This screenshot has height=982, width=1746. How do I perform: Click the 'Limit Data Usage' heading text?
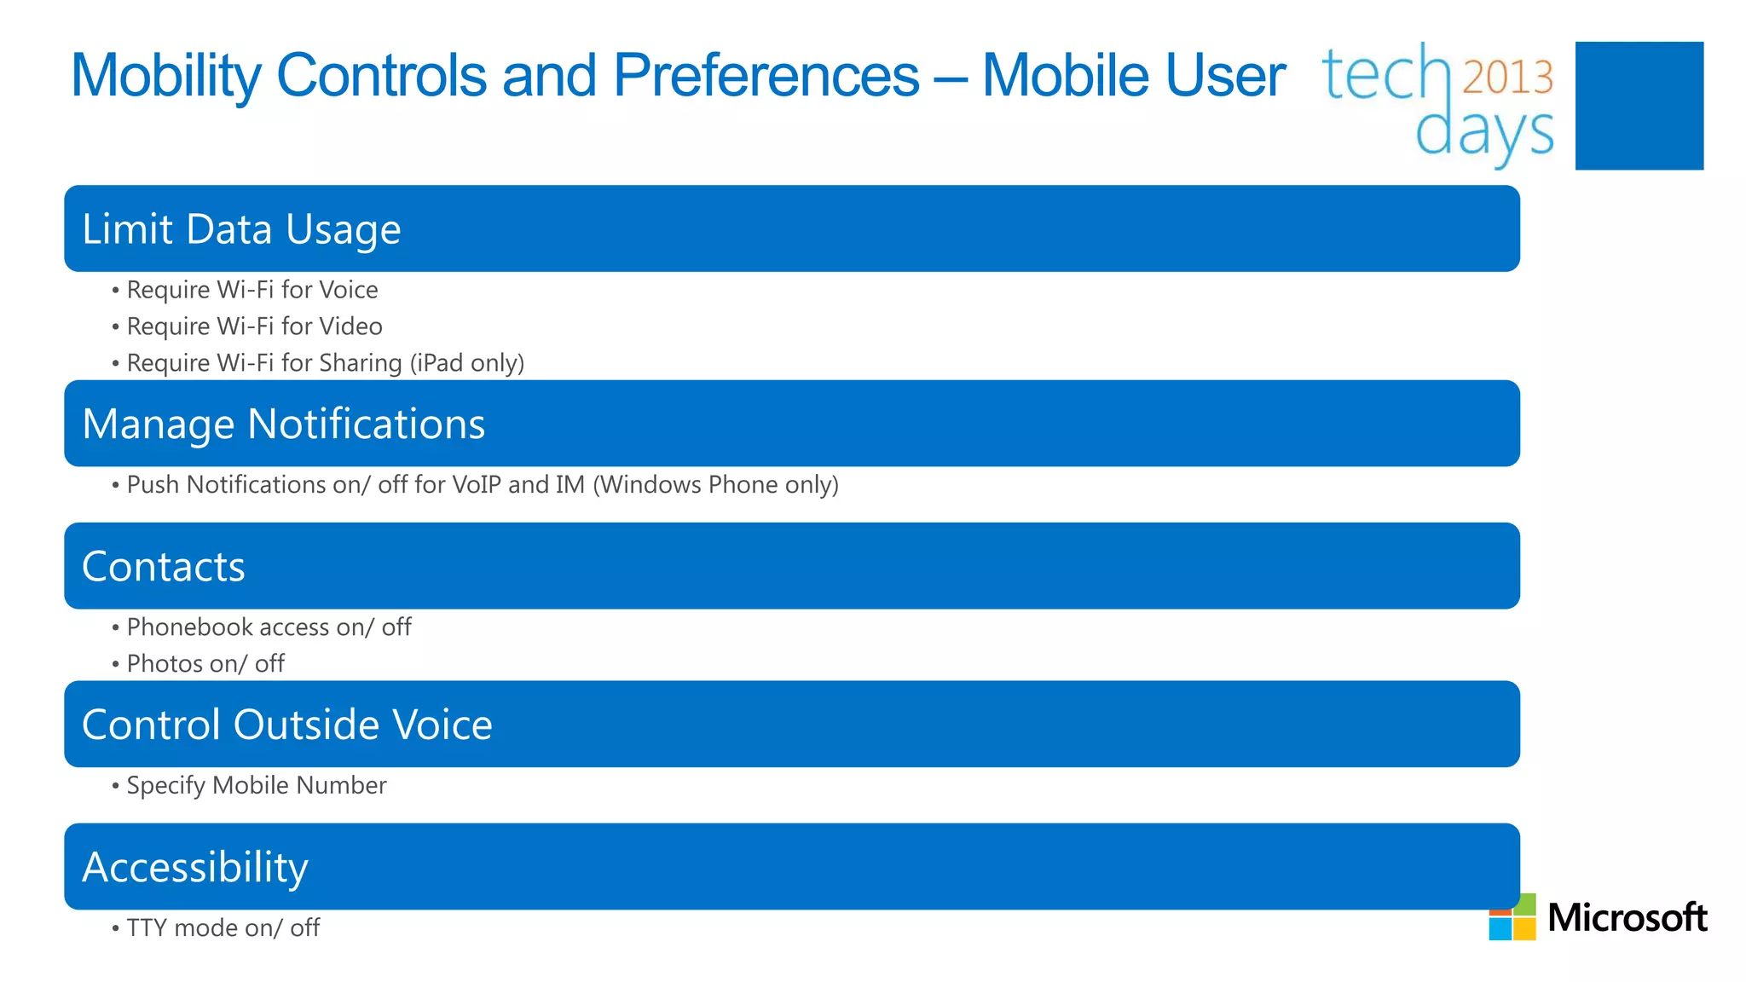241,229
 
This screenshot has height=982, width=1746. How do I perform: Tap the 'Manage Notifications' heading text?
283,424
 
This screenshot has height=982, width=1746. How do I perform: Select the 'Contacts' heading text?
163,567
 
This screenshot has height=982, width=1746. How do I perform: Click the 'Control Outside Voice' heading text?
286,725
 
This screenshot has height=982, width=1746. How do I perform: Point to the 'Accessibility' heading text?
194,867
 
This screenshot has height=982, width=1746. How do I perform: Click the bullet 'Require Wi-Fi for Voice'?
251,290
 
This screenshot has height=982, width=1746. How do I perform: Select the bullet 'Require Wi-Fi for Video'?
254,326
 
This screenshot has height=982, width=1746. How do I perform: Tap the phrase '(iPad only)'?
466,363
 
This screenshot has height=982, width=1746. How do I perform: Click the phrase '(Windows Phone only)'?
715,485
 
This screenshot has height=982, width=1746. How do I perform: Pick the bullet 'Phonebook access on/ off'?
269,627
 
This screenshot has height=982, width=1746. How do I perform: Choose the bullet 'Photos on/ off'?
205,664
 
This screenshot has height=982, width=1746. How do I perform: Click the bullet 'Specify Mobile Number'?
256,785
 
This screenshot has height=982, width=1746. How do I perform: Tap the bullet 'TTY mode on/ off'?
223,927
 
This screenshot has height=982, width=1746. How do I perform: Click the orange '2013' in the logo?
1507,78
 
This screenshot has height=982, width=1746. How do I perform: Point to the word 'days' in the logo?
1483,133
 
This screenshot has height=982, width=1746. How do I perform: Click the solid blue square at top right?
1639,106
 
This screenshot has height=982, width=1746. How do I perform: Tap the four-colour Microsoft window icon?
1512,917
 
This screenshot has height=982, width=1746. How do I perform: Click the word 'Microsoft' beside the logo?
1627,918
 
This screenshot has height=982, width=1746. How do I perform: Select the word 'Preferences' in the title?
766,76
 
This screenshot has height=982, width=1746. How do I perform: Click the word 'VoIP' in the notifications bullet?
476,485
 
